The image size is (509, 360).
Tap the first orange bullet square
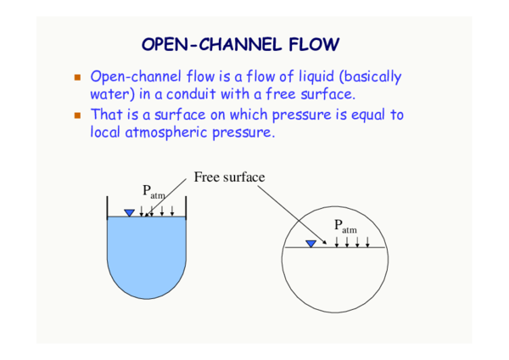[77, 77]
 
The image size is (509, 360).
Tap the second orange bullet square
[77, 115]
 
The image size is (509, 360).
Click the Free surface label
[229, 177]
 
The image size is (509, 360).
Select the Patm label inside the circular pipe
[344, 226]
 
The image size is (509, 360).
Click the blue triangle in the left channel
[129, 212]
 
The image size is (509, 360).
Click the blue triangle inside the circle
[310, 244]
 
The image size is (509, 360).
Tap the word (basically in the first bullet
[368, 77]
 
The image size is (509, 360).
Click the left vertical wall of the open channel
[106, 206]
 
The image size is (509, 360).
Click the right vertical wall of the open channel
[185, 206]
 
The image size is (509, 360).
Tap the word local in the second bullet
[107, 132]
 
